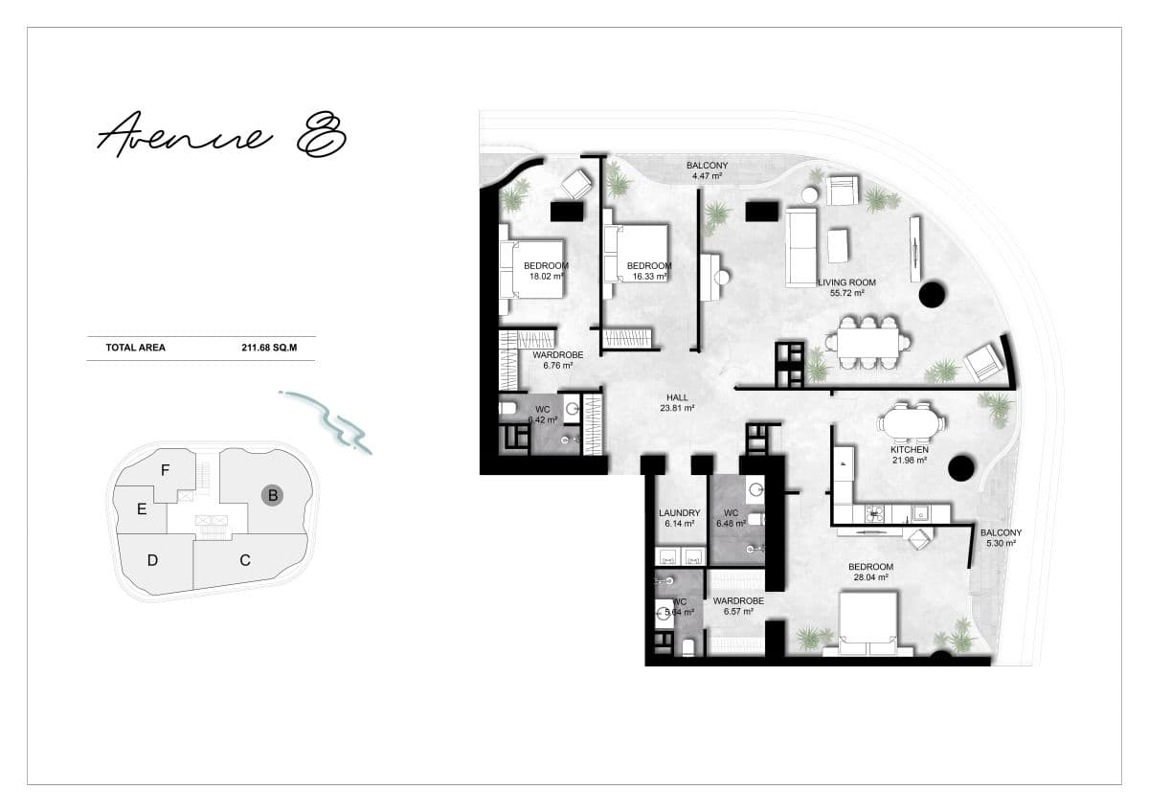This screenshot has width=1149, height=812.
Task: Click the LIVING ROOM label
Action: click(846, 282)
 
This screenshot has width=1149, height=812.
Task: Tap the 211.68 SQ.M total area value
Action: click(269, 348)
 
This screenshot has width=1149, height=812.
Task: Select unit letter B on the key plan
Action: click(272, 495)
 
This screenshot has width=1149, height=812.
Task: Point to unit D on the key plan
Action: click(152, 560)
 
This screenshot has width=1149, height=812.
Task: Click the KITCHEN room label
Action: click(910, 449)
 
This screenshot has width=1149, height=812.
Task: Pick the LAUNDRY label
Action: click(679, 513)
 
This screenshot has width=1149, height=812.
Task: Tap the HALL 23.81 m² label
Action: click(677, 403)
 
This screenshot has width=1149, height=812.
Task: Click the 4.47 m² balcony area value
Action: click(707, 176)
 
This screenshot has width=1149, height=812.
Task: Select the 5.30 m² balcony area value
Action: click(1001, 543)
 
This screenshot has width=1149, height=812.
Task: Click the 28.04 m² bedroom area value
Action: click(871, 577)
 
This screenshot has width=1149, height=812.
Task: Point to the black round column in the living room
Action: click(933, 294)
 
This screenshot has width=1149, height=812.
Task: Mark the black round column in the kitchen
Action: click(960, 467)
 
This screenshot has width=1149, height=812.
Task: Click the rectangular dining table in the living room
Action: click(867, 342)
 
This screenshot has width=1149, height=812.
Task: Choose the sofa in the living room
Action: click(801, 248)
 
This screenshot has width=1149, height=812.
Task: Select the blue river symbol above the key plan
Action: click(327, 422)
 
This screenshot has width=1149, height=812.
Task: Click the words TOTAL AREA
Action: click(135, 348)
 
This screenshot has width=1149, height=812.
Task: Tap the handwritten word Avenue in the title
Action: click(185, 134)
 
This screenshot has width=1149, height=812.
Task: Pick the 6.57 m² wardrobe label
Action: click(738, 606)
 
